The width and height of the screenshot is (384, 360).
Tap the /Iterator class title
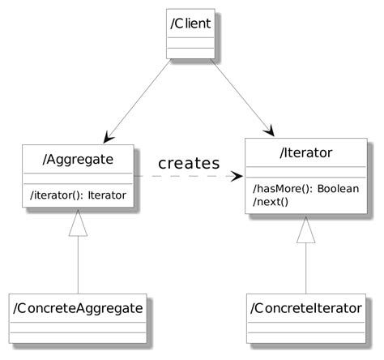[305, 152]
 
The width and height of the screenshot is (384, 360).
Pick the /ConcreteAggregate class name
[78, 308]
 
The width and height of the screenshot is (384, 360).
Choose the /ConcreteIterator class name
[305, 308]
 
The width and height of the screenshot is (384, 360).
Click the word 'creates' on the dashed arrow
[188, 163]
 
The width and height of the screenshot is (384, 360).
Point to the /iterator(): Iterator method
[78, 195]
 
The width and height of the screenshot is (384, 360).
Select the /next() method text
[271, 201]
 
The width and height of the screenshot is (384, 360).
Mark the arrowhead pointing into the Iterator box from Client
[270, 131]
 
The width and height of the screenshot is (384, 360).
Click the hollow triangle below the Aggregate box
[78, 223]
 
